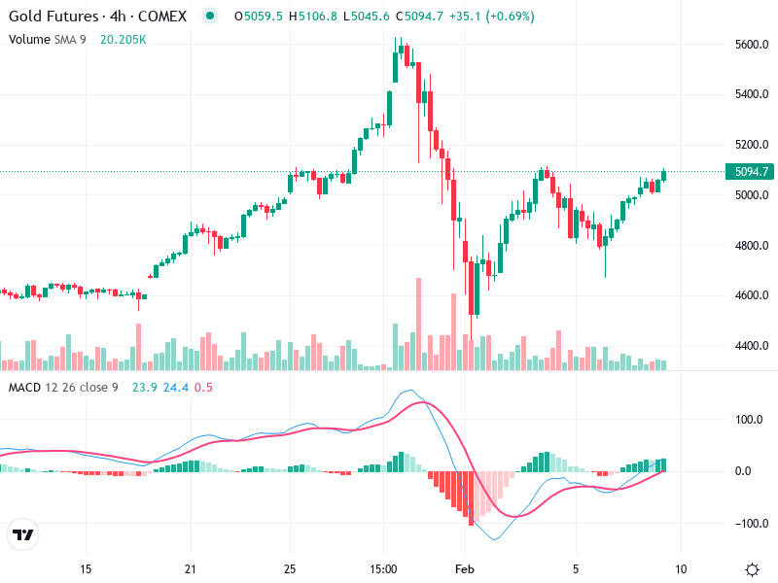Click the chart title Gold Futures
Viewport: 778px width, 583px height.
click(54, 17)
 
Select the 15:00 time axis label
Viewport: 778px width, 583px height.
click(383, 568)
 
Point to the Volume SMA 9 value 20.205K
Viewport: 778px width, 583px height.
click(124, 39)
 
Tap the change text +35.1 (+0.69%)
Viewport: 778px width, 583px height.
click(491, 17)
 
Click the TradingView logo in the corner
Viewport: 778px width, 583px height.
click(23, 535)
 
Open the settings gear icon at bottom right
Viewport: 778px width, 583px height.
click(752, 568)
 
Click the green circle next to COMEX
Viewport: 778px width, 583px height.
click(209, 17)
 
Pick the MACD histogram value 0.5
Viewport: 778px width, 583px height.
click(203, 388)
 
